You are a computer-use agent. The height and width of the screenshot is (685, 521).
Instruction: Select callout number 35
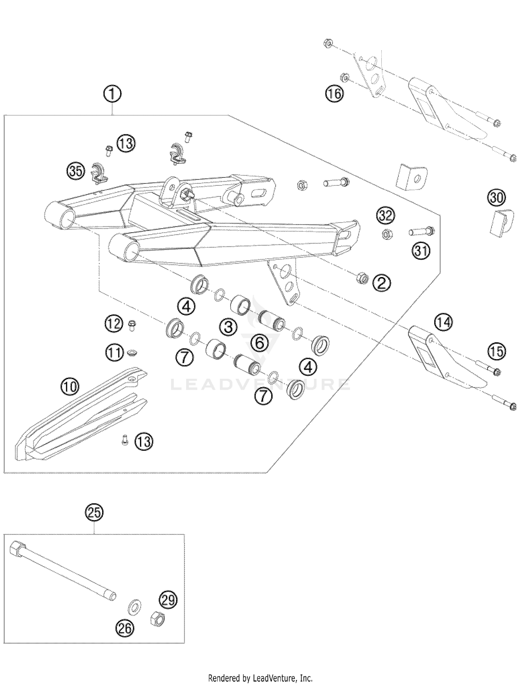pos(76,171)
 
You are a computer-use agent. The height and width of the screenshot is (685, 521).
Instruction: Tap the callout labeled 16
pos(334,94)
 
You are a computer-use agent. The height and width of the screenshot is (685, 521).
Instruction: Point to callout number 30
pos(497,198)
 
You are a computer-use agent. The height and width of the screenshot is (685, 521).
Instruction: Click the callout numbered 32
pos(386,216)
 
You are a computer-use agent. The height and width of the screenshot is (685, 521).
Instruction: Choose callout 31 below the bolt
pos(421,251)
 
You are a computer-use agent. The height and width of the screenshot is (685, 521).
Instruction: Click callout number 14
pos(443,322)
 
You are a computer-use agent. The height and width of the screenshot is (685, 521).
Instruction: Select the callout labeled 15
pos(497,351)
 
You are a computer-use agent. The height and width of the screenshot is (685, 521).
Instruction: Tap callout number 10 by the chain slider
pos(70,386)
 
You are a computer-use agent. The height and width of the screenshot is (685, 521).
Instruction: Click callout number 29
pos(168,600)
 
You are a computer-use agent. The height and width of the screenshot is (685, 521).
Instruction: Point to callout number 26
pos(125,628)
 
